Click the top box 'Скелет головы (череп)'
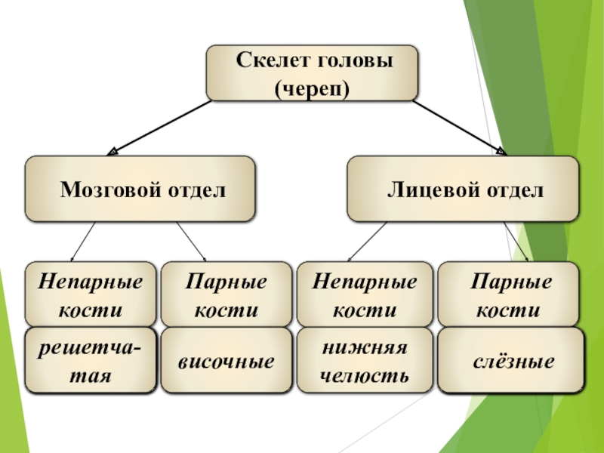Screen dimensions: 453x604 (312, 72)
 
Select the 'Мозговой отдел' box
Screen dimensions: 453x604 (140, 189)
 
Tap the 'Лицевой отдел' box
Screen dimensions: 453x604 (462, 189)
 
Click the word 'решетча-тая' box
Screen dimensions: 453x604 (92, 361)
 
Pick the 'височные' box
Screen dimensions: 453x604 (226, 361)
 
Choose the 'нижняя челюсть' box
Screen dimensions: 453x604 (365, 361)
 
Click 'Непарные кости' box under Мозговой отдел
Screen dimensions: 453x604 (92, 295)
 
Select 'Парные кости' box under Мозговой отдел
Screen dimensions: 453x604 (226, 295)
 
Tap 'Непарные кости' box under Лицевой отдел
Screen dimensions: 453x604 (365, 295)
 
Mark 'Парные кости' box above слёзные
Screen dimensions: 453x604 (510, 295)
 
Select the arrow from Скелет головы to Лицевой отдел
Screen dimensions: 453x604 (458, 127)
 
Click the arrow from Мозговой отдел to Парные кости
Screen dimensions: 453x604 (192, 242)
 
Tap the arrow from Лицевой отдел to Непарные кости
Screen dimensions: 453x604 (361, 242)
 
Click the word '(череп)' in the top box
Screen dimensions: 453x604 (312, 89)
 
